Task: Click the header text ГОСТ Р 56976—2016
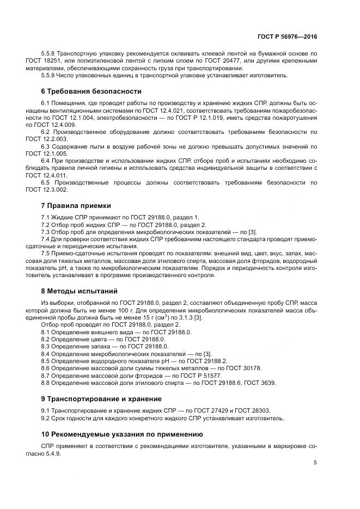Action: [287, 36]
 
